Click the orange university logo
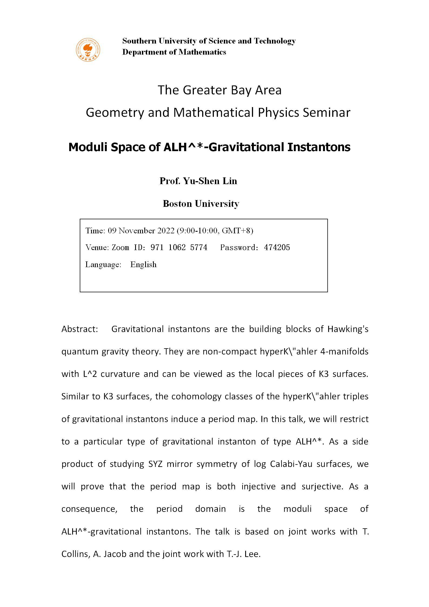point(88,50)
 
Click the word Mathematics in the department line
point(202,52)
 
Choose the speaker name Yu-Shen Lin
point(210,181)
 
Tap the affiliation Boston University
point(201,204)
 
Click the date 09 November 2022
point(141,231)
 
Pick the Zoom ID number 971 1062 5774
point(179,247)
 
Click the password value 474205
point(277,247)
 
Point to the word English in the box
point(143,264)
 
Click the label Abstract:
point(79,329)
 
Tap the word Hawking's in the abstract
point(348,329)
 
